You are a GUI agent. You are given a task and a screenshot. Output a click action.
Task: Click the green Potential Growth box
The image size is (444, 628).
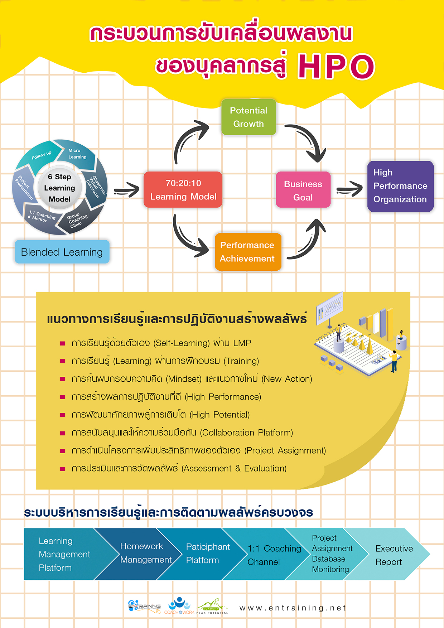(248, 117)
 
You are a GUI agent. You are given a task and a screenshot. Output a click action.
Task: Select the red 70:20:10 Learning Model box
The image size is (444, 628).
(183, 190)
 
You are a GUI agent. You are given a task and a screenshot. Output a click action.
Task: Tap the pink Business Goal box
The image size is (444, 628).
(303, 190)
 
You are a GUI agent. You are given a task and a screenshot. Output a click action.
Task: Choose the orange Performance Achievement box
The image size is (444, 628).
(247, 252)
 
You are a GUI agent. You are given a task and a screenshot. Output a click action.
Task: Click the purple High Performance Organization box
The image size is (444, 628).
(400, 186)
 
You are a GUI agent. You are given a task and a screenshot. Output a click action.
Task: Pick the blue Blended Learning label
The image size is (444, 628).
(62, 252)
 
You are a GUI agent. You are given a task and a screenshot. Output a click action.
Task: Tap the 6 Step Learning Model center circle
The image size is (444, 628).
(59, 188)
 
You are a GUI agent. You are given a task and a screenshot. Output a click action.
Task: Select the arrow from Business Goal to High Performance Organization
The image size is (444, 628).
(349, 189)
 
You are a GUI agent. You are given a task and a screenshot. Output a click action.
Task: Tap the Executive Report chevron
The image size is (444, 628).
(394, 555)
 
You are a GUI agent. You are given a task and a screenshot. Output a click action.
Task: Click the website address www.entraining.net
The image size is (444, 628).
(293, 608)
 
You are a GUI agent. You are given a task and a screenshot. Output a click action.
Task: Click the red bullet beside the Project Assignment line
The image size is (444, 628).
(62, 451)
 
